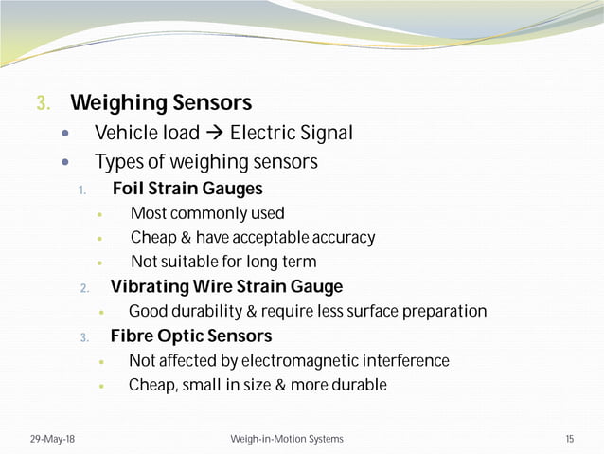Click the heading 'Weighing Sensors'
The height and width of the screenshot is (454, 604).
point(161,102)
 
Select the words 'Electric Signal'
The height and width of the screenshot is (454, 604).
point(291,134)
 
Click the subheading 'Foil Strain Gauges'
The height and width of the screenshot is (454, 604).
point(187,189)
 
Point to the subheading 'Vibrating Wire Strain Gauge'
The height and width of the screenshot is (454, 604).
point(226,286)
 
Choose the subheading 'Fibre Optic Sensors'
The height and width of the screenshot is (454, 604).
point(190,336)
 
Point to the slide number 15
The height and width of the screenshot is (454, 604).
point(569,439)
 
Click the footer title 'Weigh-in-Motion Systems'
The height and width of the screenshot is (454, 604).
point(287,439)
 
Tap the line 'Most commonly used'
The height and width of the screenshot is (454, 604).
point(207,213)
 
